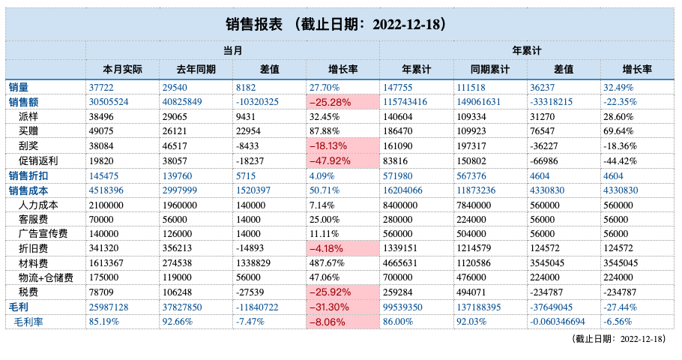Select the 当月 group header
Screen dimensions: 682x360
pos(232,50)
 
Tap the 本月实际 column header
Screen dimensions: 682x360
pos(123,69)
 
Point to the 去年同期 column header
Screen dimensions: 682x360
pos(196,69)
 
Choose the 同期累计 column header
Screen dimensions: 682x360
pos(490,69)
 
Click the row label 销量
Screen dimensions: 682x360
pos(18,88)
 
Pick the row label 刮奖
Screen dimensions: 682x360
pos(28,145)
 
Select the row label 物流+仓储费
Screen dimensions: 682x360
pos(46,277)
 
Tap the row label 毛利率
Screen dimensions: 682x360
pos(28,322)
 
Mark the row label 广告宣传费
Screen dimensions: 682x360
pos(43,234)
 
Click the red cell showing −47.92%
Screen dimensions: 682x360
pos(342,160)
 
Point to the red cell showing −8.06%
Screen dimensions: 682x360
pos(342,322)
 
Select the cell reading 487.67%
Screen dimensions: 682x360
pos(327,263)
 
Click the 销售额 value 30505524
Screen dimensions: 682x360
pos(109,102)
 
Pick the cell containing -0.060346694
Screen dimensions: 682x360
pos(557,322)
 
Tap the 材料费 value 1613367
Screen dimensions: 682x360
pos(106,263)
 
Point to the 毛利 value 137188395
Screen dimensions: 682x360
pos(478,307)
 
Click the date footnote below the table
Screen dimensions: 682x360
pos(618,339)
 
